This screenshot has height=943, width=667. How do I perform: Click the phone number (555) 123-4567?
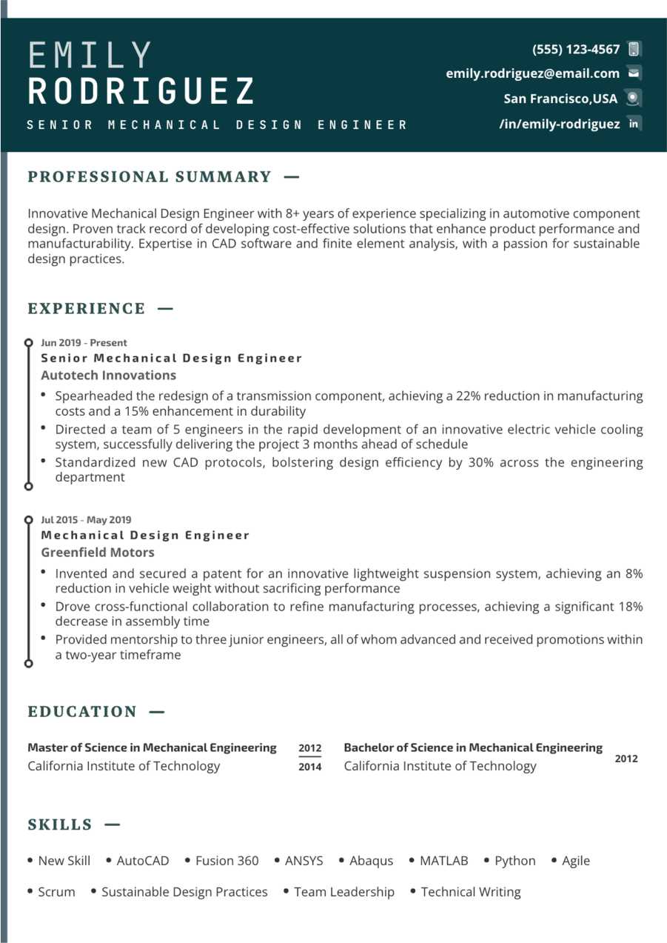[x=576, y=50]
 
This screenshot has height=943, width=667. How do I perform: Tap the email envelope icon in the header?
[x=634, y=73]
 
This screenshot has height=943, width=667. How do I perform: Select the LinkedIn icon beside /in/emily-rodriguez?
[x=634, y=124]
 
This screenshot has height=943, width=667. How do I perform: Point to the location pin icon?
[x=633, y=98]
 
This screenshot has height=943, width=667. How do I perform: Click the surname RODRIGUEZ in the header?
[x=141, y=91]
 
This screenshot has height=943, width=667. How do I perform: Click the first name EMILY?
[x=90, y=56]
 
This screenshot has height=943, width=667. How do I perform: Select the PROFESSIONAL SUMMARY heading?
[x=150, y=176]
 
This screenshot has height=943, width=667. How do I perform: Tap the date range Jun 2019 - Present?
[x=84, y=343]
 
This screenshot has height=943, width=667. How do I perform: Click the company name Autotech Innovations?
[x=108, y=375]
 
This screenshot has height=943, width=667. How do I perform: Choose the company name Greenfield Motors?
[x=98, y=552]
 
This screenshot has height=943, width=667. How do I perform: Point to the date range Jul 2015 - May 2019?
[x=86, y=520]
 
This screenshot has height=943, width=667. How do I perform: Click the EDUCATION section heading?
[x=82, y=711]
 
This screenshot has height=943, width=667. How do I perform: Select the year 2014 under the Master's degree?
[x=310, y=767]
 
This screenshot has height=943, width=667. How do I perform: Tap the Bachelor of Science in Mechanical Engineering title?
[x=473, y=747]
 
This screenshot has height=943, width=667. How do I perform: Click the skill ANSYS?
[x=304, y=861]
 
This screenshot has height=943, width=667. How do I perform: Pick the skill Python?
[x=515, y=861]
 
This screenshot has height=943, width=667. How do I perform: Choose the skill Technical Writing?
[x=470, y=892]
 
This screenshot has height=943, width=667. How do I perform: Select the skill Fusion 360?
[x=227, y=861]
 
